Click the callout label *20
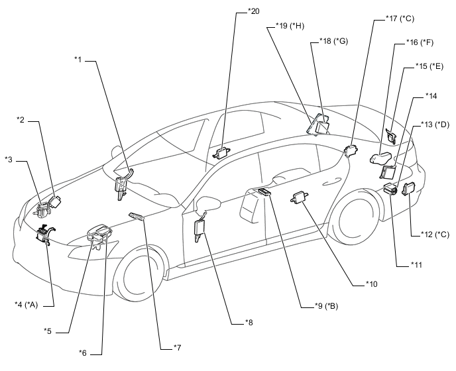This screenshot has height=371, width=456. (x=253, y=11)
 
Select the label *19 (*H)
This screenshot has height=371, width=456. (x=290, y=26)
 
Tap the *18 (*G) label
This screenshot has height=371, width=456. (x=333, y=41)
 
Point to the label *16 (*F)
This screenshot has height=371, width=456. (x=420, y=42)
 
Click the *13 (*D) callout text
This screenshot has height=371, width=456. (x=435, y=125)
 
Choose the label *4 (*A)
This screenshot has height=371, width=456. (x=26, y=304)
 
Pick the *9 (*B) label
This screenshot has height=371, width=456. (x=326, y=306)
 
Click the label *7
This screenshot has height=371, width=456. (x=178, y=347)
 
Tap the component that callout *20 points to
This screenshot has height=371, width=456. (x=222, y=153)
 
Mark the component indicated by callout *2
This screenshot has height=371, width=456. (x=54, y=201)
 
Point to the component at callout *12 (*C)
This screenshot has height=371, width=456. (x=408, y=188)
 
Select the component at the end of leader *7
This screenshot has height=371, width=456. (x=137, y=216)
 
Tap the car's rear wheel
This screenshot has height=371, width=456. (x=359, y=219)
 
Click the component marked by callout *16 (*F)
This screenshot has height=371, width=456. (x=381, y=158)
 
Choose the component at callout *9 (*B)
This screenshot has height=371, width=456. (x=262, y=192)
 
